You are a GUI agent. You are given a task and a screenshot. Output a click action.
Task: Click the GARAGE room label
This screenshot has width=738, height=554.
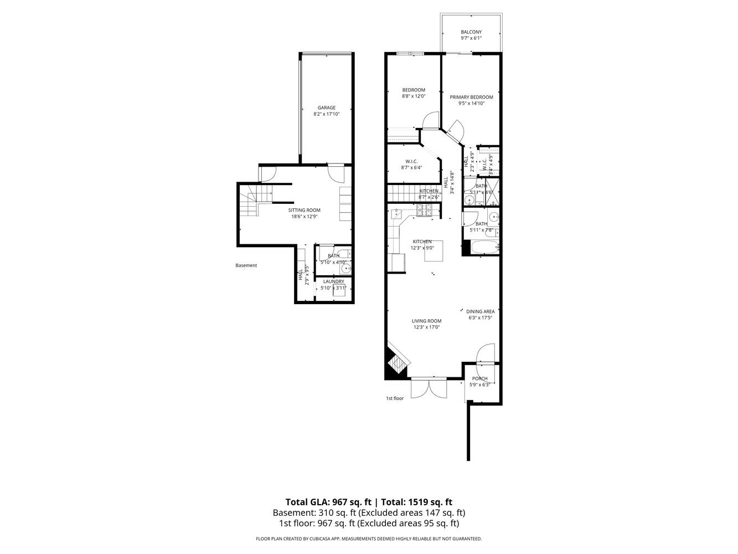(x=326, y=107)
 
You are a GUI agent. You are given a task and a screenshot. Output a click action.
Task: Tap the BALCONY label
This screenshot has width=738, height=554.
(x=471, y=32)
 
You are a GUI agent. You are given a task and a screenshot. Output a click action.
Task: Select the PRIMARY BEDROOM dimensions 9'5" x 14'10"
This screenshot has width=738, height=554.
(x=471, y=103)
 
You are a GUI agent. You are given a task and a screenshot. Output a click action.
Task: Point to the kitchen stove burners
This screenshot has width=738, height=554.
(x=425, y=209)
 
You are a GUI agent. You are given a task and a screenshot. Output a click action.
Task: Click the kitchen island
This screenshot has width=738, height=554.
(x=433, y=253)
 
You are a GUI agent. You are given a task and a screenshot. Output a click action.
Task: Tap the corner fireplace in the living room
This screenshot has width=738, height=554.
(x=396, y=363)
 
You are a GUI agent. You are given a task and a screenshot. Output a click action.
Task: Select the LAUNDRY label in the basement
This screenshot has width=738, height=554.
(x=333, y=281)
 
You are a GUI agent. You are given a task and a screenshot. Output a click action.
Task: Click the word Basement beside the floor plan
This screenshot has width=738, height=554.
(x=246, y=265)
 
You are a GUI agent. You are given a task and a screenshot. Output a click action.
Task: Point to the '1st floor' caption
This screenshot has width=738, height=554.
(x=395, y=398)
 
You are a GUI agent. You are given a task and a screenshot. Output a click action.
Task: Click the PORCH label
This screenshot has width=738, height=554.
(x=479, y=378)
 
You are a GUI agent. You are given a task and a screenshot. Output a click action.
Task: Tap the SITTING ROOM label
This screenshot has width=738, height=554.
(x=304, y=210)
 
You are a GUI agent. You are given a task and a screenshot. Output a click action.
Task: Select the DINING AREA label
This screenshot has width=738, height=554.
(x=480, y=311)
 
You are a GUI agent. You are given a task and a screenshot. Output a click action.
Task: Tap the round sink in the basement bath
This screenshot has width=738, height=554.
(x=346, y=269)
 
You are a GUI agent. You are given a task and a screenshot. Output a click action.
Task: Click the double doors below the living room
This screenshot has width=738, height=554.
(x=429, y=387)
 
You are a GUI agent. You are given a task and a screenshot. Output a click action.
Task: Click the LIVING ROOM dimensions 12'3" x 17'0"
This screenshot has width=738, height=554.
(x=426, y=327)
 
